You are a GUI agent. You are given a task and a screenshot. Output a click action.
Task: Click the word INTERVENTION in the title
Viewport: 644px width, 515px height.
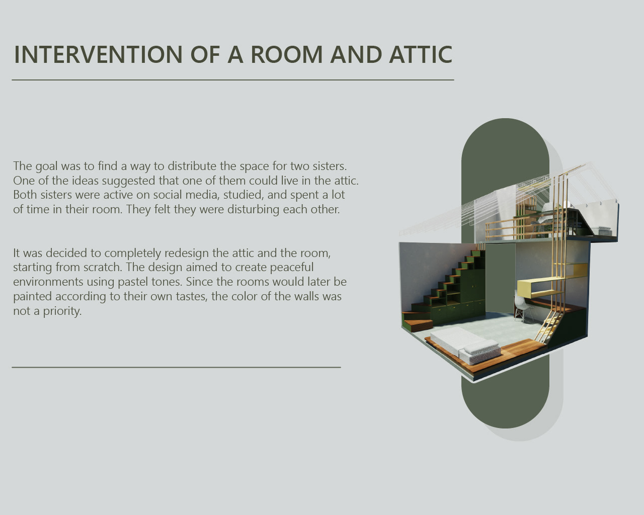point(98,54)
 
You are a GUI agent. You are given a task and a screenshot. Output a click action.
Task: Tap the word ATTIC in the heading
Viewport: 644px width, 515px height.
point(421,54)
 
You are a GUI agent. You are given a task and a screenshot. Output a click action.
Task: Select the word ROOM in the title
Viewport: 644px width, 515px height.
point(287,54)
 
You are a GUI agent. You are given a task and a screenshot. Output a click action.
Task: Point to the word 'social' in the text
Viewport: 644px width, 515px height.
point(168,195)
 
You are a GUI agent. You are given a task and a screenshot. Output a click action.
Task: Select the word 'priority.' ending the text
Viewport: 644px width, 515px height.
point(62,311)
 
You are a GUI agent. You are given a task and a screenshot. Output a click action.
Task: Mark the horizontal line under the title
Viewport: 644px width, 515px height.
point(233,80)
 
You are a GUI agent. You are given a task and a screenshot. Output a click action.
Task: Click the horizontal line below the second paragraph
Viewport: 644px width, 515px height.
point(176,367)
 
